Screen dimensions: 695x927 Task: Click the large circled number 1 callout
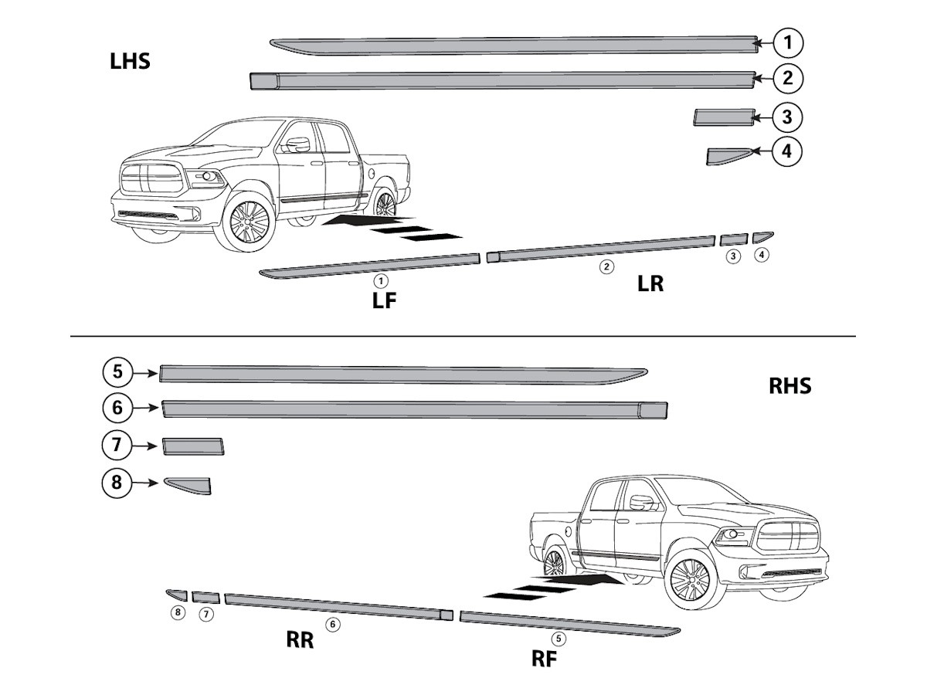(x=787, y=43)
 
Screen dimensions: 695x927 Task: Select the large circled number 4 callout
(x=786, y=151)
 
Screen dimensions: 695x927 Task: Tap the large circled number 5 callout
(x=117, y=372)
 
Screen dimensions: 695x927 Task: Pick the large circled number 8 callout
(x=117, y=483)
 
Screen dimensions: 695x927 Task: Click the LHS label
(x=130, y=62)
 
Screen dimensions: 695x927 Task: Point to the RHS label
(x=789, y=386)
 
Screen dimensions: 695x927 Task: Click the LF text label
(x=384, y=300)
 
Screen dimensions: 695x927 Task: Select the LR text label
(x=650, y=284)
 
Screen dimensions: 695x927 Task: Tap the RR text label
(x=300, y=640)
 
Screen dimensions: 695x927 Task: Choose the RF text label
(x=544, y=659)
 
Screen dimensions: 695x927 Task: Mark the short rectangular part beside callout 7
(x=193, y=446)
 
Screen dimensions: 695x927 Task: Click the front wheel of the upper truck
(x=244, y=223)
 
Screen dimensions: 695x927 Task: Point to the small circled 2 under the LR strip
(x=607, y=266)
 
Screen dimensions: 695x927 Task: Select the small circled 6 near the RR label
(x=333, y=624)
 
